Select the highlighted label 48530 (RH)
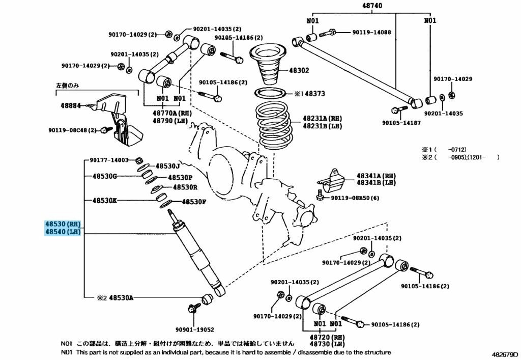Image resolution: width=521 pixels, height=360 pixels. coord(62,224)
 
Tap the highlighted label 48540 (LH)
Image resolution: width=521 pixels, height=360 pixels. coord(62,232)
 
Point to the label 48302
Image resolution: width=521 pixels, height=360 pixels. coord(299,70)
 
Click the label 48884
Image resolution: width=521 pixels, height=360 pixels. coord(67,106)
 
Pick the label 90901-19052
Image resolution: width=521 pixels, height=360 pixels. coord(195,329)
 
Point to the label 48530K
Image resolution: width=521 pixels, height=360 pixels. coord(104,201)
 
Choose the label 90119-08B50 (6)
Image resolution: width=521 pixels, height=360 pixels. coord(355,198)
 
